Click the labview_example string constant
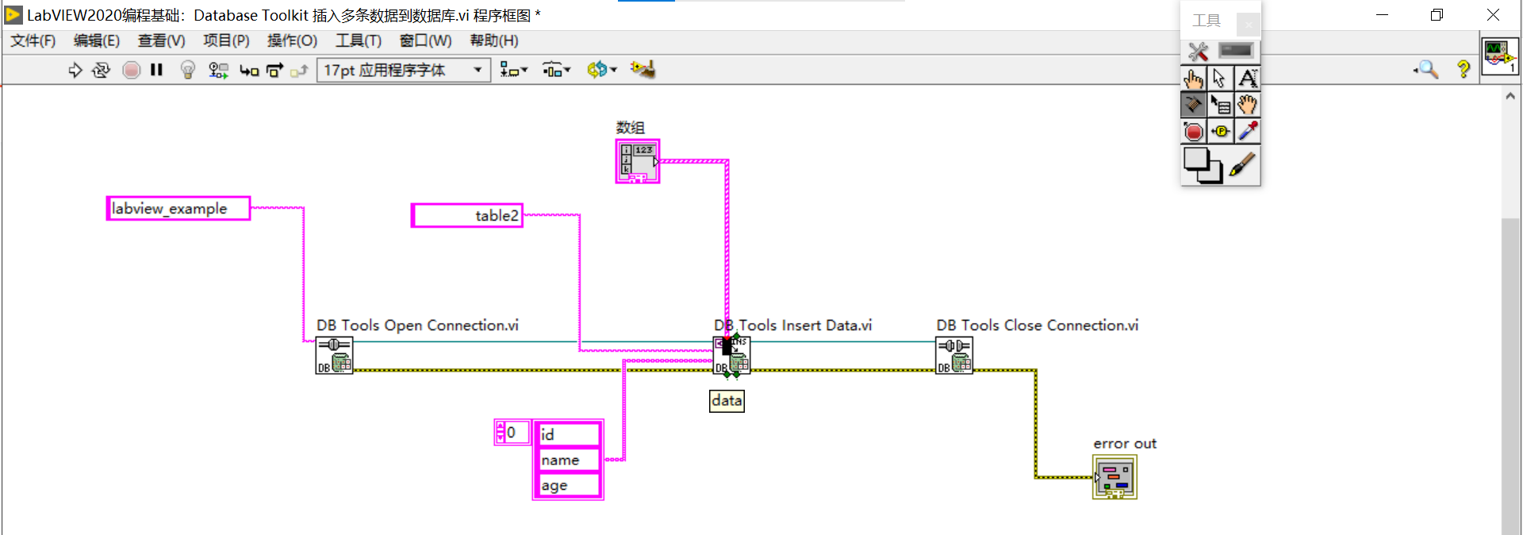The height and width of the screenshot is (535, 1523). pyautogui.click(x=178, y=209)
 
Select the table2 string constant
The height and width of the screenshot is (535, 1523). pyautogui.click(x=467, y=216)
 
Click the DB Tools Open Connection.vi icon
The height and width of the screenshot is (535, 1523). pyautogui.click(x=334, y=356)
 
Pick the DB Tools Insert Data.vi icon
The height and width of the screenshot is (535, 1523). pyautogui.click(x=732, y=356)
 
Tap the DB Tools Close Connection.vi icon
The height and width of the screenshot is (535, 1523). pyautogui.click(x=954, y=356)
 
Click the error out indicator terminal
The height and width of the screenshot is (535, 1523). pyautogui.click(x=1114, y=477)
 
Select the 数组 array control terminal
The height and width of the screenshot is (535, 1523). pyautogui.click(x=638, y=161)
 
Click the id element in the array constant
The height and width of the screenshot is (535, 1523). pyautogui.click(x=568, y=434)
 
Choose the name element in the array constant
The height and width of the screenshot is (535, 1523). pyautogui.click(x=568, y=460)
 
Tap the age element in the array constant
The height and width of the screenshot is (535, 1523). pyautogui.click(x=568, y=486)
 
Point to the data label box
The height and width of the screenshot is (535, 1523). pyautogui.click(x=727, y=401)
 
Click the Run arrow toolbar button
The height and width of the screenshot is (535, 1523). pyautogui.click(x=75, y=71)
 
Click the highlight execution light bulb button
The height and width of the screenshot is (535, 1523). pyautogui.click(x=188, y=71)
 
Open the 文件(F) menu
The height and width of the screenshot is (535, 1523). pyautogui.click(x=33, y=40)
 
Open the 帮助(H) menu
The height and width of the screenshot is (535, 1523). pyautogui.click(x=494, y=40)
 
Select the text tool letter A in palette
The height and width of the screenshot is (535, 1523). pyautogui.click(x=1248, y=78)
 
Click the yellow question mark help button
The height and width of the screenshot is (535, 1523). pyautogui.click(x=1464, y=70)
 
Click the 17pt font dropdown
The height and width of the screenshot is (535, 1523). pyautogui.click(x=403, y=71)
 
